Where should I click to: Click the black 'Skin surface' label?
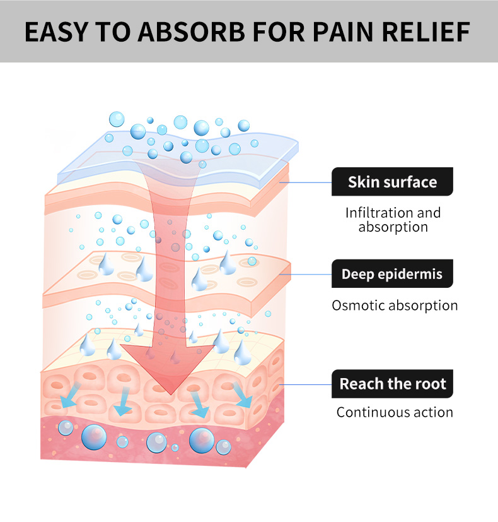point(392,182)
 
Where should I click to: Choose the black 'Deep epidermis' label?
point(392,274)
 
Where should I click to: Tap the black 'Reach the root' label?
point(392,383)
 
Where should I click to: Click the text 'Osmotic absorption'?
point(395,305)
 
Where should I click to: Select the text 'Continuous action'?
point(395,413)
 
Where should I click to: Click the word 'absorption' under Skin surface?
point(393,227)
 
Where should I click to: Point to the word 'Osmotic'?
point(358,305)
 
